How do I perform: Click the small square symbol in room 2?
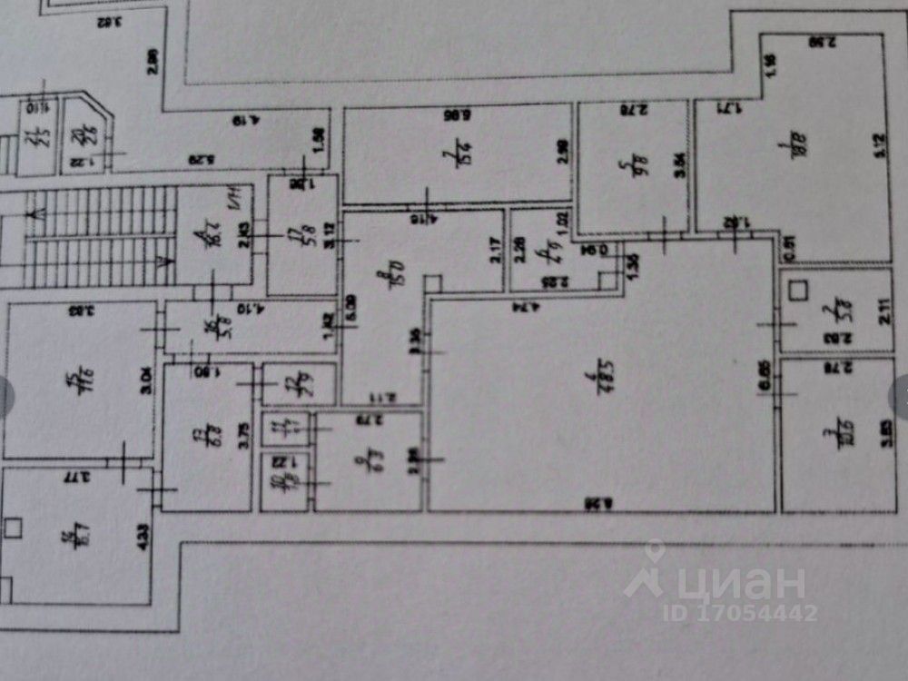point(800,291)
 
